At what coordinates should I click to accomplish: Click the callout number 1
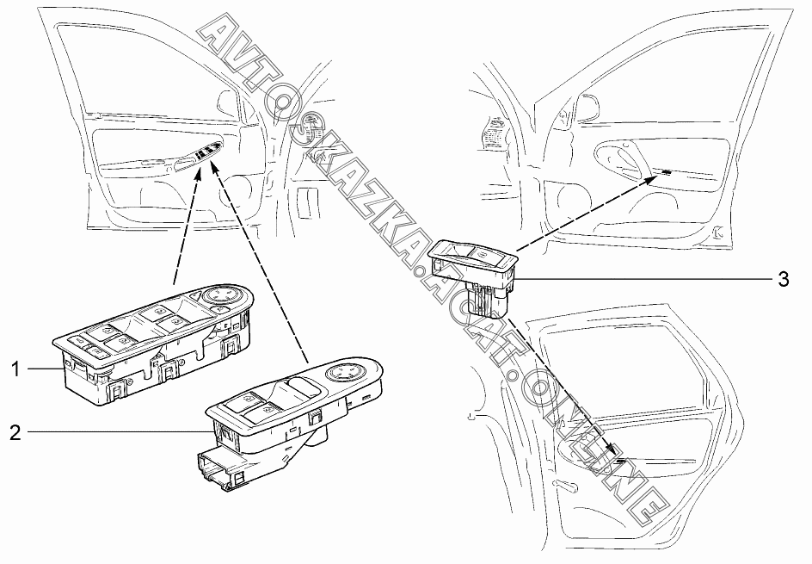click(15, 369)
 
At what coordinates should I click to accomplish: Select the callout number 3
click(783, 279)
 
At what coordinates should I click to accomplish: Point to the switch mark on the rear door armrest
click(621, 462)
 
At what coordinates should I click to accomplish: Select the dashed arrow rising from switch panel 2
click(258, 258)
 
